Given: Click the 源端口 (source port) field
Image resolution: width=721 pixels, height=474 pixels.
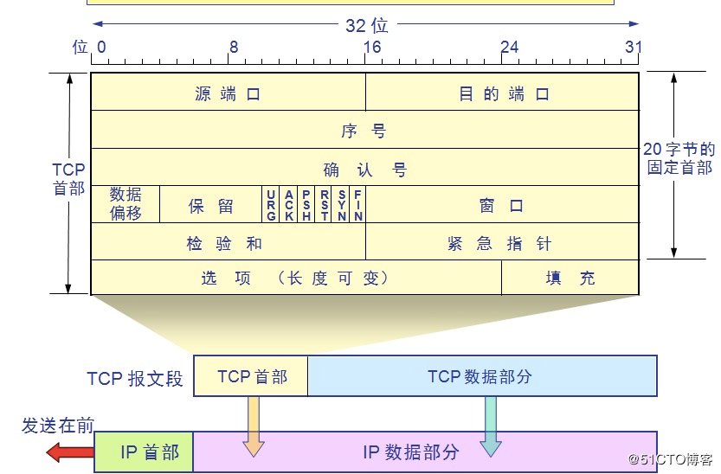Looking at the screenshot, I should tap(228, 93).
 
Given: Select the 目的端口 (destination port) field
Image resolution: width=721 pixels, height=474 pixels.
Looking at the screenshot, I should tap(503, 93).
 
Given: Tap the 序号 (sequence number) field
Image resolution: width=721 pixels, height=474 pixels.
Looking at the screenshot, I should tap(364, 131).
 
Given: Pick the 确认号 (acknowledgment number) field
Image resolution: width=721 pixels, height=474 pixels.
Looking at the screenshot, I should tap(364, 169).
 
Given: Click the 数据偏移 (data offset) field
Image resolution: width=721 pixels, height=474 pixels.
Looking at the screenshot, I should tap(126, 204).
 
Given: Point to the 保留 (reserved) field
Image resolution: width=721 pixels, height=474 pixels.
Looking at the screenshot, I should tap(211, 205).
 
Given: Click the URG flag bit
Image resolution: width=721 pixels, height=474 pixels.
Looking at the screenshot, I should tap(271, 205).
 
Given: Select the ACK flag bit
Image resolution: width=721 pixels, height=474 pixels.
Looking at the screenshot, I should tap(288, 205).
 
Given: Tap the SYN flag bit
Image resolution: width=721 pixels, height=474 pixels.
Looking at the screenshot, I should tap(341, 205).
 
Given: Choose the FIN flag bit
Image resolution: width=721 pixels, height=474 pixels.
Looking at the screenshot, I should tap(357, 205).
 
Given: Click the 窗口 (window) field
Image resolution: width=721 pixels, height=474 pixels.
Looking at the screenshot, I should tap(502, 205).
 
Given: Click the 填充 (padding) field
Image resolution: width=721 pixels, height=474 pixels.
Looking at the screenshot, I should tap(570, 278).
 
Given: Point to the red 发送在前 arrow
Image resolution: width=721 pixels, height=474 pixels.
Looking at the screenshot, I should tap(69, 451).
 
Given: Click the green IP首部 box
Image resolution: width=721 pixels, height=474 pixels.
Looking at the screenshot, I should tap(144, 452).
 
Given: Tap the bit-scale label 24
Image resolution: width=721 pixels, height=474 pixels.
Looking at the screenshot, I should tap(509, 47).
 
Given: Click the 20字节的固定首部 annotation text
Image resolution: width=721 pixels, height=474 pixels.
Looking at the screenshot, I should tap(679, 158).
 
